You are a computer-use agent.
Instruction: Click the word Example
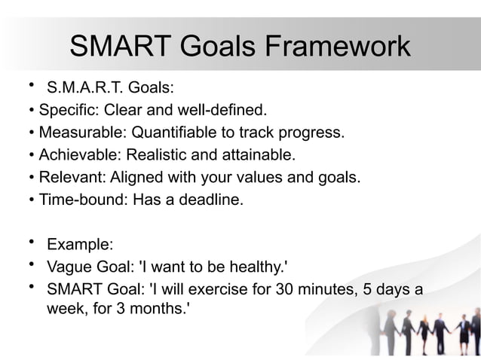79,244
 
